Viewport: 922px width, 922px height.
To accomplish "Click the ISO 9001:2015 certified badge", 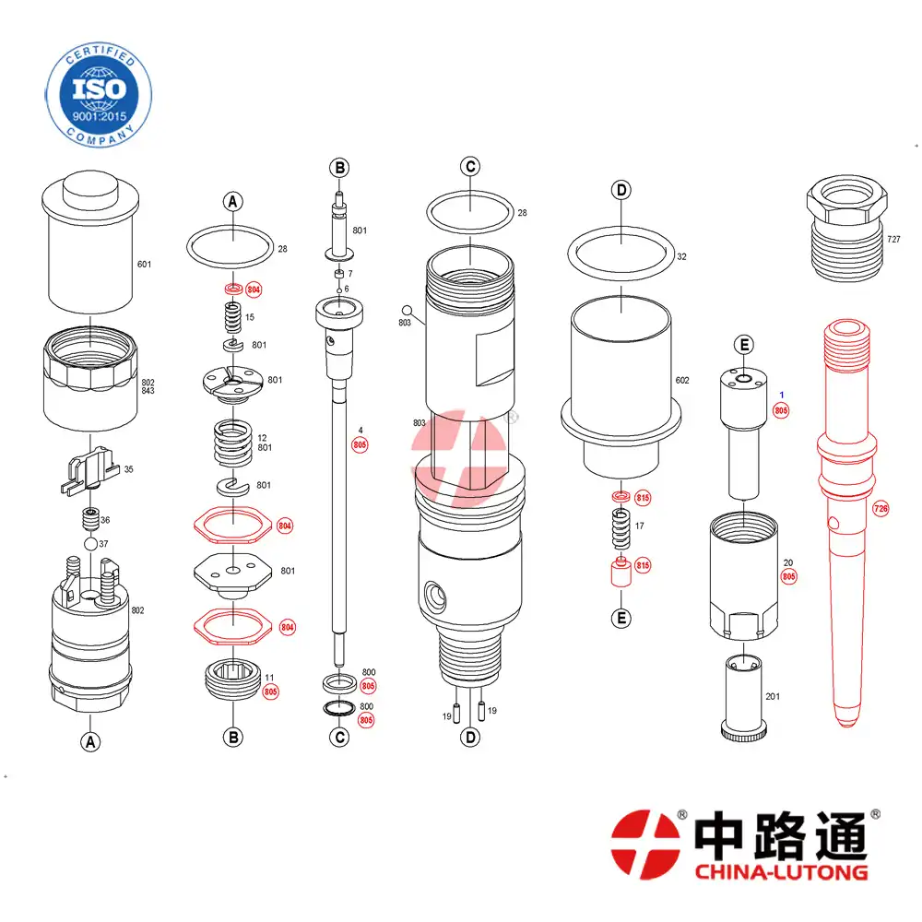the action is pos(99,95).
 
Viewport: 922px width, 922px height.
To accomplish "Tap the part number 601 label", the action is pos(144,265).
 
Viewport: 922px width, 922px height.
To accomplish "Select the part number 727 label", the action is pos(893,240).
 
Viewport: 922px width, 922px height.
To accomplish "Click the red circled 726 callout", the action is pos(881,509).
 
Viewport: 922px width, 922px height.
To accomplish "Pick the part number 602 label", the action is pos(682,381).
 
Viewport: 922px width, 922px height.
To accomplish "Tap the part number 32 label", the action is pos(681,257).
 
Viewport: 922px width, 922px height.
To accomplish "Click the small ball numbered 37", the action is pos(90,544).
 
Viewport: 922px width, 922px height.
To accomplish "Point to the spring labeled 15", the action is pos(233,317).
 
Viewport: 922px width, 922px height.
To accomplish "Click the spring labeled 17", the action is pos(621,528).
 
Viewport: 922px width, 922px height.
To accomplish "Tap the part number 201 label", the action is pos(773,697).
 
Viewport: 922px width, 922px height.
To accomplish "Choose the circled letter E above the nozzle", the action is pos(744,345).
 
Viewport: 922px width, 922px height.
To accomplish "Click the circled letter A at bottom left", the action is pos(90,742).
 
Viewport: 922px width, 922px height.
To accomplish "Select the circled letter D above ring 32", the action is pos(621,191).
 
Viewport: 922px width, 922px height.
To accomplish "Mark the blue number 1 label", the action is pos(782,396).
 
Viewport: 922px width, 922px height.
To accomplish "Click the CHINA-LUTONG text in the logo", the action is pos(782,871).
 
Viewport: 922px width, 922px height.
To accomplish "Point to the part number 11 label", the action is pos(269,678).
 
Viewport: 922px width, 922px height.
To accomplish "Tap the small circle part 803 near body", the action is pos(407,310).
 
